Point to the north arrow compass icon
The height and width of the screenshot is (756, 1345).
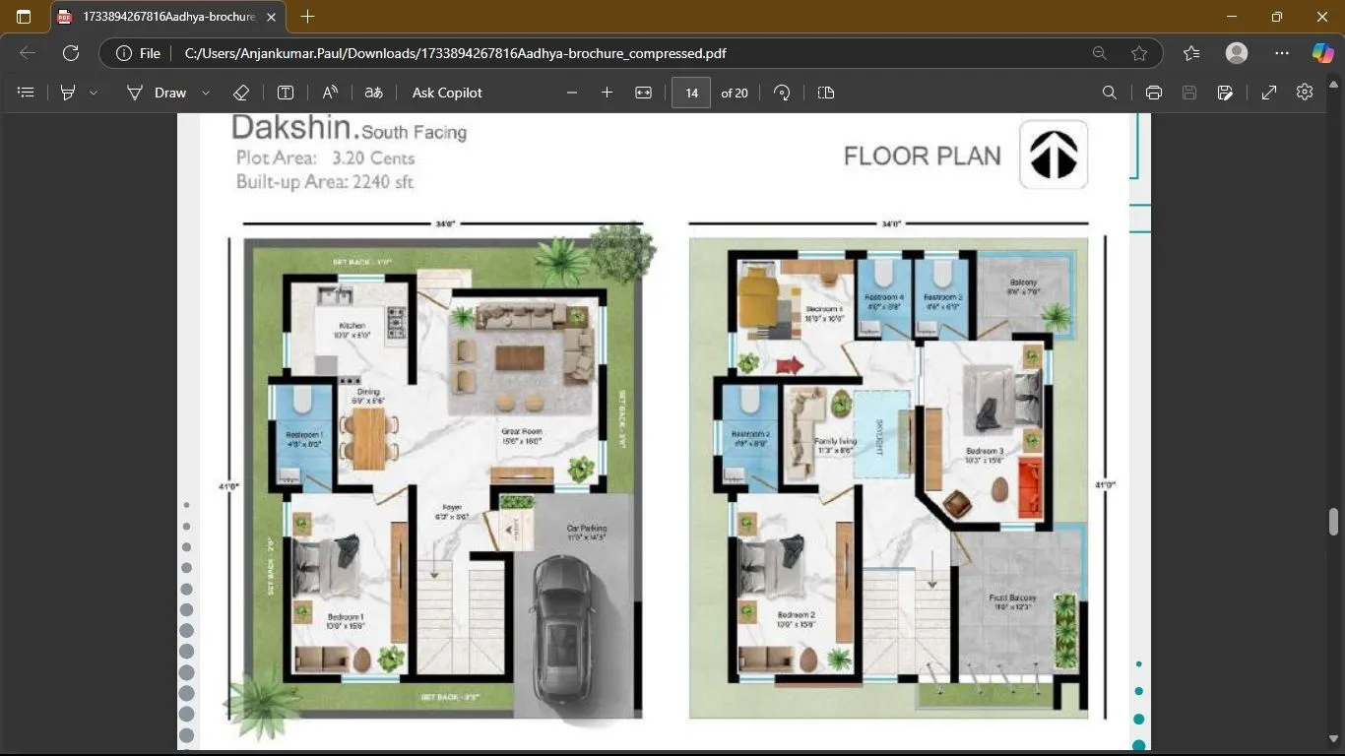click(1053, 155)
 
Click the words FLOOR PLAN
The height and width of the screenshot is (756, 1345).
click(922, 157)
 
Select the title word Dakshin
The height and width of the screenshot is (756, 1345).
click(292, 128)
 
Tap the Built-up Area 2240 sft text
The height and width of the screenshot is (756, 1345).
click(324, 182)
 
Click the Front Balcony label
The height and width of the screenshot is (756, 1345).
click(1012, 601)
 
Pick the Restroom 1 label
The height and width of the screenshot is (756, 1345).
click(304, 439)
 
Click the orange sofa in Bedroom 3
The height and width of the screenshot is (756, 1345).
click(1030, 486)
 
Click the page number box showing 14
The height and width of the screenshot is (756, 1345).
click(691, 93)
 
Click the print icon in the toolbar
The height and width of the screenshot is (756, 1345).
click(1153, 93)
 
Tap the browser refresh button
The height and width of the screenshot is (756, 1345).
click(71, 53)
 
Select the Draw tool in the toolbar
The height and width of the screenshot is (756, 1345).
click(158, 93)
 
